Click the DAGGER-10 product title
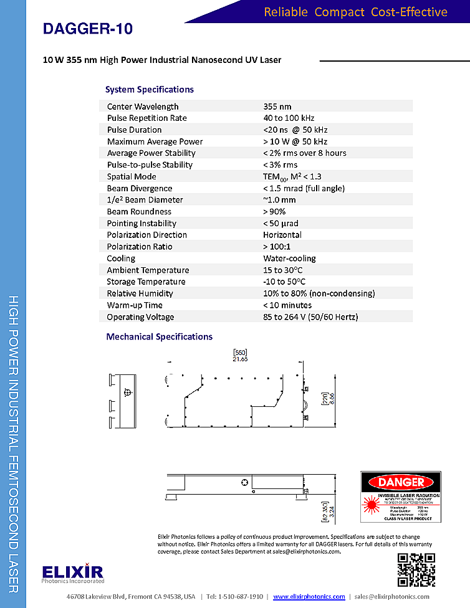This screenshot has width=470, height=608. tap(88, 29)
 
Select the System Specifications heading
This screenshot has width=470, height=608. tap(150, 90)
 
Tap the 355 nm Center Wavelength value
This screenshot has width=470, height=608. tap(277, 107)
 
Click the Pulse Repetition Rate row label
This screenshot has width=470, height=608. tap(146, 118)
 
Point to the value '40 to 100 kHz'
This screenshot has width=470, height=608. tap(289, 118)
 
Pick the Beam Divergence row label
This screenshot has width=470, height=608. tap(140, 188)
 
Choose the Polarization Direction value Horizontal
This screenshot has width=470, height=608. tap(282, 235)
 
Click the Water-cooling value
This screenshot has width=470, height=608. tap(289, 259)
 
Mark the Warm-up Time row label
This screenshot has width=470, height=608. tap(135, 305)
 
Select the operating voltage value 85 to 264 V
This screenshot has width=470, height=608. tap(310, 317)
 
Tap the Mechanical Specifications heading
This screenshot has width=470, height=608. tap(159, 337)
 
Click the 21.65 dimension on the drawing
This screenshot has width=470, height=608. tap(240, 359)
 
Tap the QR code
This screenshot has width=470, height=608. tap(416, 569)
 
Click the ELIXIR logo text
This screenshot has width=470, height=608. tap(73, 571)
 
